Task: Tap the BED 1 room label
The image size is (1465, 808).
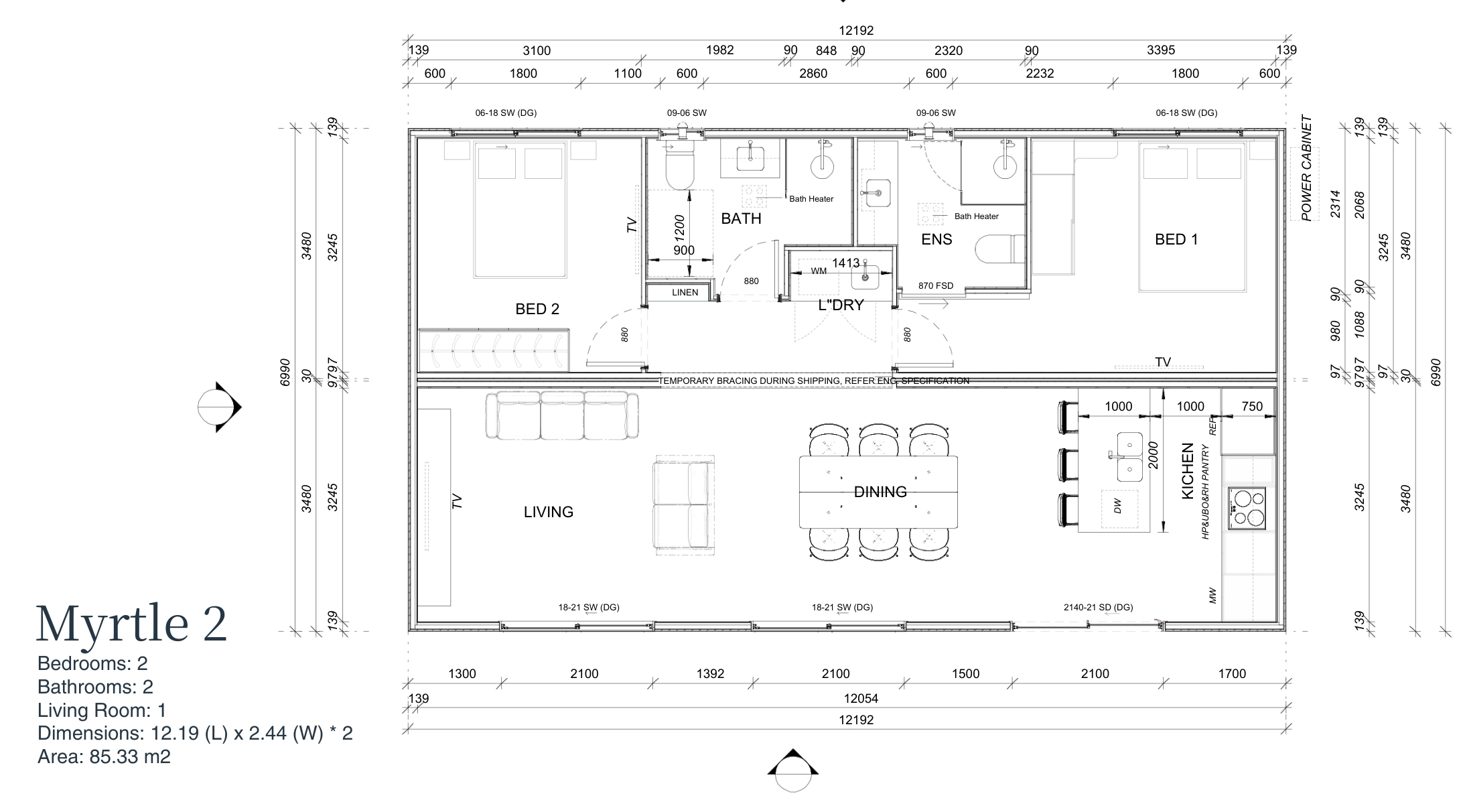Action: tap(1176, 239)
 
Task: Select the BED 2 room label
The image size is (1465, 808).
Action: tap(537, 309)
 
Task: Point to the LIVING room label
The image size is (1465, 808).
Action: tap(549, 512)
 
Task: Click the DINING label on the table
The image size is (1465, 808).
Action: tap(880, 492)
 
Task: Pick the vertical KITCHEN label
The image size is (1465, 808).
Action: tap(1188, 470)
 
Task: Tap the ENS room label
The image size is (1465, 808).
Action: tap(936, 239)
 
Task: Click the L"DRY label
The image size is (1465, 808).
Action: tap(841, 306)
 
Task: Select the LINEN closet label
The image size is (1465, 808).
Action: tap(685, 293)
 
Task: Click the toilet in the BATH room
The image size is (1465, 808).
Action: tap(681, 167)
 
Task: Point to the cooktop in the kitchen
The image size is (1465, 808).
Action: tap(1247, 509)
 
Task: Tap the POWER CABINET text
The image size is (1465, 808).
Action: tap(1306, 168)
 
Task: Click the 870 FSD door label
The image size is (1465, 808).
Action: tap(936, 286)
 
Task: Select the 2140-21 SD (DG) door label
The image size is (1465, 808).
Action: tap(1098, 608)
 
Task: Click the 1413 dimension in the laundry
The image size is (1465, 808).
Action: tap(846, 263)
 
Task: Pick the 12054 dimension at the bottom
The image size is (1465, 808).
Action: tap(861, 699)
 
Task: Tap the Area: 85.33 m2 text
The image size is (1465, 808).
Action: tap(104, 757)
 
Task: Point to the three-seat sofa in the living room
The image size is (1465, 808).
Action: tap(562, 415)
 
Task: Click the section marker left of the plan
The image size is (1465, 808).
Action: tap(220, 407)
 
